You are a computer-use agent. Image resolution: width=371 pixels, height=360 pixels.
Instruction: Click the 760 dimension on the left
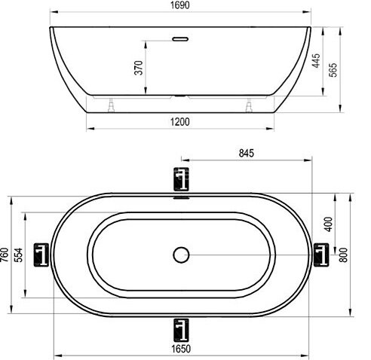coord(6,256)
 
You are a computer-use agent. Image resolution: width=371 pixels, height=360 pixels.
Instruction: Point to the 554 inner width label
coord(20,256)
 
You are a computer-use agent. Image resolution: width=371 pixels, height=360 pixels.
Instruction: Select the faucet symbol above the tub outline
coord(180,179)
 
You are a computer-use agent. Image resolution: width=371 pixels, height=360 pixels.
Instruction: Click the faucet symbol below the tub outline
coord(180,328)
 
